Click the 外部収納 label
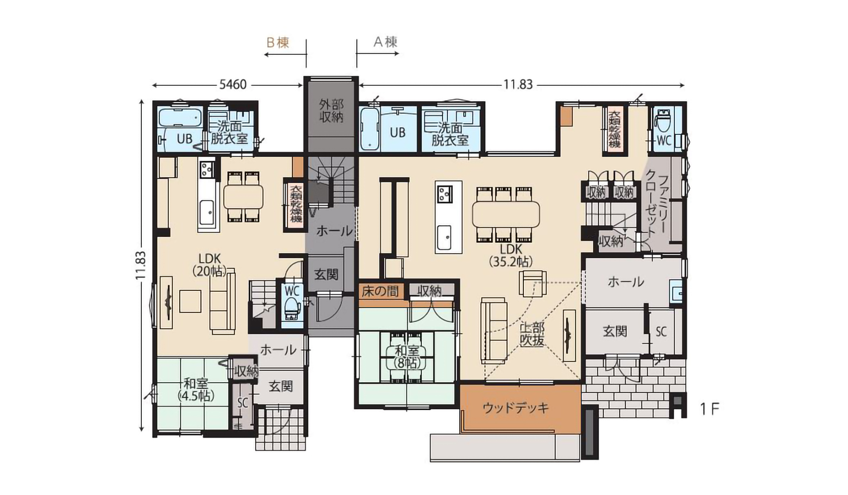coord(331,111)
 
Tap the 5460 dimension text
coord(233,84)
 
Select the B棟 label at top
coord(278,42)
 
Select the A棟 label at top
coord(386,42)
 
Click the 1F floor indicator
coord(709,409)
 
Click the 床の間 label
coord(380,291)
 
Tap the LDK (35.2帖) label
coord(511,255)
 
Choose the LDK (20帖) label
coord(210,264)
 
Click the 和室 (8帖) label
coord(407,357)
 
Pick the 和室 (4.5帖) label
coord(196,389)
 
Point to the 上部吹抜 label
coord(532,334)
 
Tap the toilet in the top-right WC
coord(664,122)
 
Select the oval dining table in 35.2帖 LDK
coord(506,214)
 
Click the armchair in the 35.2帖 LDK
coord(533,283)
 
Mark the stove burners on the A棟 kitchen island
coord(444,193)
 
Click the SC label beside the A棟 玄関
coord(661,331)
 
